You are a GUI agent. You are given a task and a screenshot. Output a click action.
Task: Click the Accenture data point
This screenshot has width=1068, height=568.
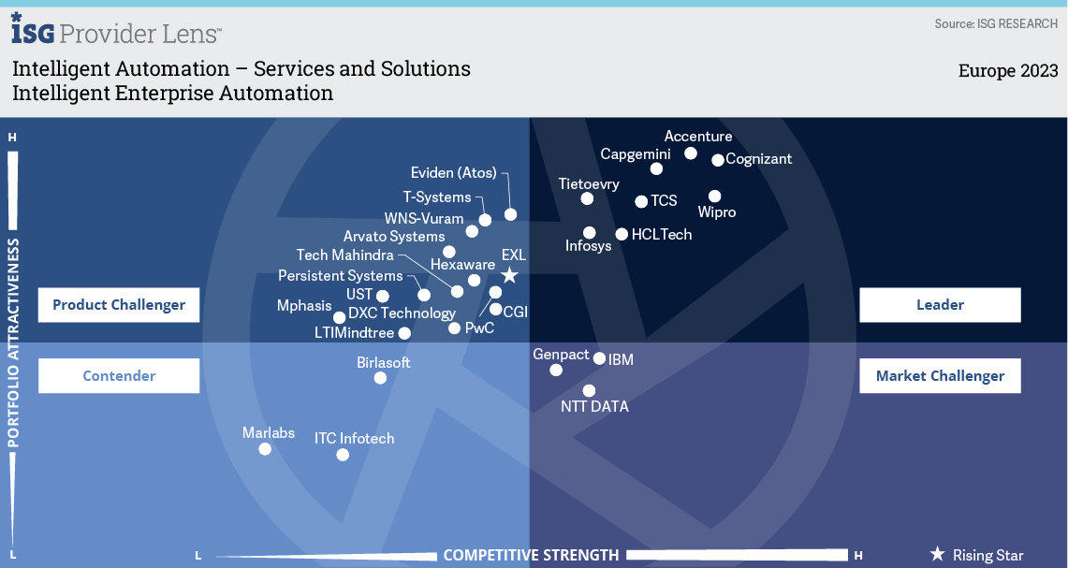[691, 153]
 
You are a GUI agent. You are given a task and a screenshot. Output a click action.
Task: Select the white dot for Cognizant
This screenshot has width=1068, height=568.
[718, 160]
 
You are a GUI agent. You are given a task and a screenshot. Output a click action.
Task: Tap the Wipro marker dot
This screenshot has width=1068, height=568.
[715, 197]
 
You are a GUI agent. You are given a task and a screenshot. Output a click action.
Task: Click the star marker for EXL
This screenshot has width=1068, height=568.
[509, 275]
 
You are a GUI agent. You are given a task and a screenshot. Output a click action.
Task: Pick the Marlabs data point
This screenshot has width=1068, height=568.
[265, 449]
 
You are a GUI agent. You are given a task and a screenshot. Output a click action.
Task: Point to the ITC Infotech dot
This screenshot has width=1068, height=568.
[343, 455]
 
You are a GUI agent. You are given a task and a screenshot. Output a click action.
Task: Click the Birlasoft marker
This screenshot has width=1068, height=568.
[380, 378]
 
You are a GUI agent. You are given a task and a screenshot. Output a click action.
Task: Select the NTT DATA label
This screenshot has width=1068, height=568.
[594, 407]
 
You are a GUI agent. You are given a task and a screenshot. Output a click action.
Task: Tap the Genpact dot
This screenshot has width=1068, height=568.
[556, 370]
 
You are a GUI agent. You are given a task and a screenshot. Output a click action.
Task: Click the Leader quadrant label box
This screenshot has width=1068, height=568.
[940, 305]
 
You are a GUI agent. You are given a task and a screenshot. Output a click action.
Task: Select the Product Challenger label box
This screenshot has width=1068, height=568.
[119, 305]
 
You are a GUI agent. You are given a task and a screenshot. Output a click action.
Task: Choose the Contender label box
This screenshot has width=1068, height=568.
[119, 376]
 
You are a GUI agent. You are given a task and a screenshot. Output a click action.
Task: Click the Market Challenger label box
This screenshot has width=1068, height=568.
[940, 376]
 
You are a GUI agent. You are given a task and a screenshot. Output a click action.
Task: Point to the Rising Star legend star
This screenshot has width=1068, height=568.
[937, 555]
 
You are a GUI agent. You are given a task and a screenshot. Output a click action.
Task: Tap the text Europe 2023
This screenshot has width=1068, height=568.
[1007, 71]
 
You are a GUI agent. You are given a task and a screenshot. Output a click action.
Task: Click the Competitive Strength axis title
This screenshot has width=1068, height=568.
[531, 555]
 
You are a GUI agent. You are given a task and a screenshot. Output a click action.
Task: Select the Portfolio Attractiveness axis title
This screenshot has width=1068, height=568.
[14, 342]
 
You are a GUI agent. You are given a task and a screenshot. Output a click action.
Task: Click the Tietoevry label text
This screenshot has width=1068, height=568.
[589, 184]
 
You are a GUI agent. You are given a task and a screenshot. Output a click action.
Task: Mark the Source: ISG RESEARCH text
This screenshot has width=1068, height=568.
[996, 23]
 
